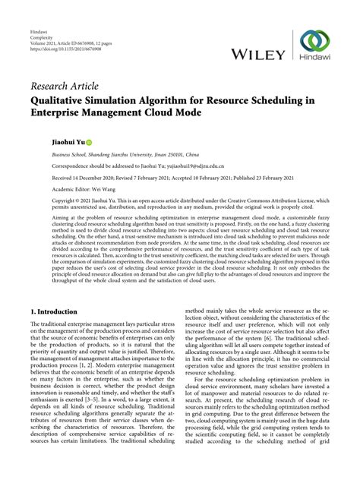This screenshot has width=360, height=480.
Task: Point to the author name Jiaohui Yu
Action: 47,141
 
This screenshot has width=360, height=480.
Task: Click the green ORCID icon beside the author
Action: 68,141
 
